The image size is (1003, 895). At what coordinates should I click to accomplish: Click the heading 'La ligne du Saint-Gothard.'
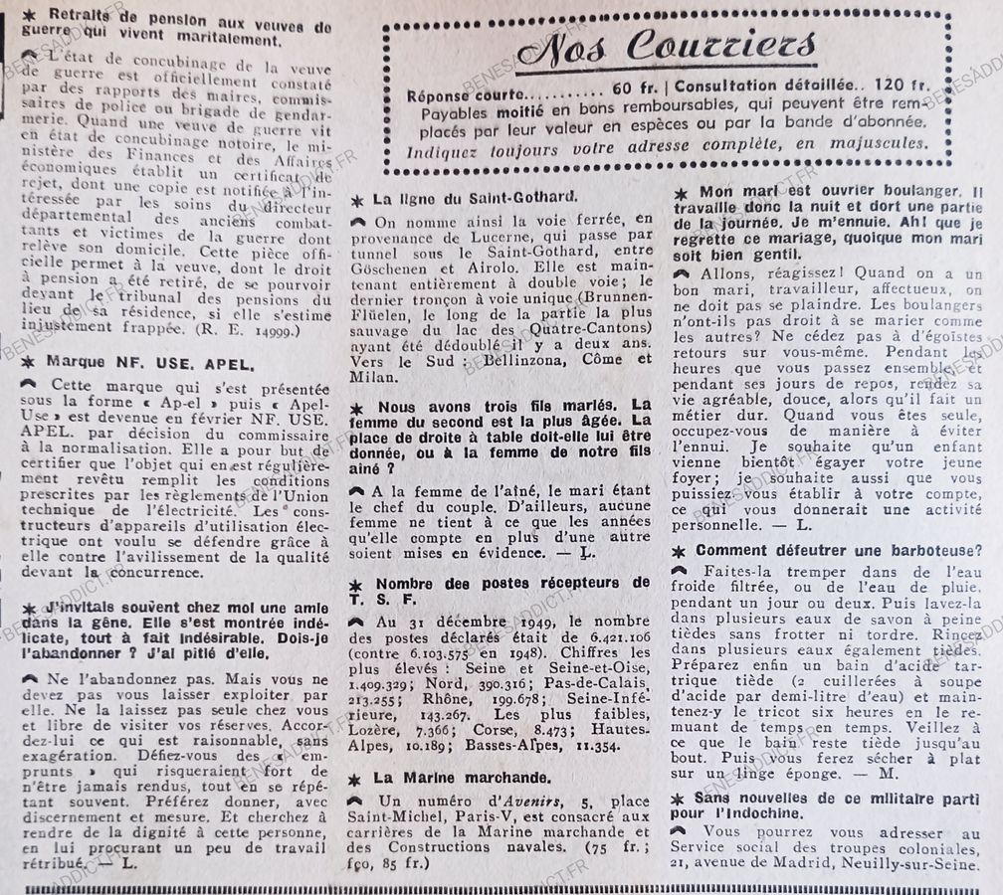(x=474, y=198)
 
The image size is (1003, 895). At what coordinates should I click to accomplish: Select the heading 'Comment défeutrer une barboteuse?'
(x=839, y=551)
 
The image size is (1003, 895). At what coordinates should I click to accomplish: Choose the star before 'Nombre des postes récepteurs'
(x=357, y=582)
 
